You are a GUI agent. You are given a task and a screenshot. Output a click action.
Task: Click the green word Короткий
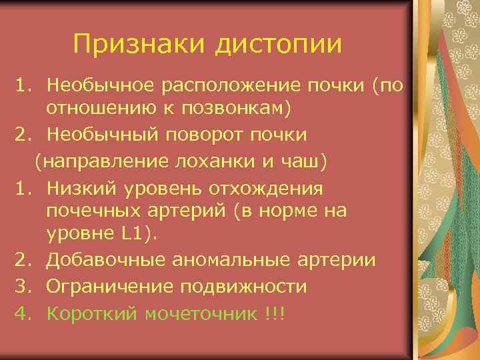(x=92, y=313)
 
